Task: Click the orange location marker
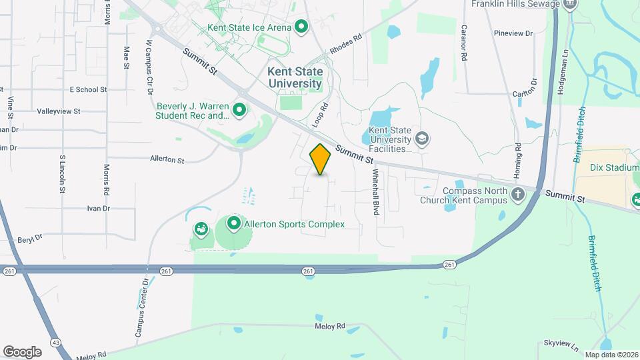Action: click(x=321, y=159)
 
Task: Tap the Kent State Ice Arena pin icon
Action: click(x=301, y=27)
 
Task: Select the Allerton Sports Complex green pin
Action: click(x=234, y=224)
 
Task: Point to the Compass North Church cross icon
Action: click(x=518, y=195)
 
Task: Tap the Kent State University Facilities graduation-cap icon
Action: click(x=421, y=139)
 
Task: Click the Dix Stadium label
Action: click(x=615, y=168)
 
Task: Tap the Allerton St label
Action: click(x=167, y=160)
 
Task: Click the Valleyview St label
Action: click(x=59, y=111)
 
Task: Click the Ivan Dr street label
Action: click(x=98, y=209)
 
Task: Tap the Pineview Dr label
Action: click(x=514, y=33)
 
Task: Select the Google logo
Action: click(x=22, y=351)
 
